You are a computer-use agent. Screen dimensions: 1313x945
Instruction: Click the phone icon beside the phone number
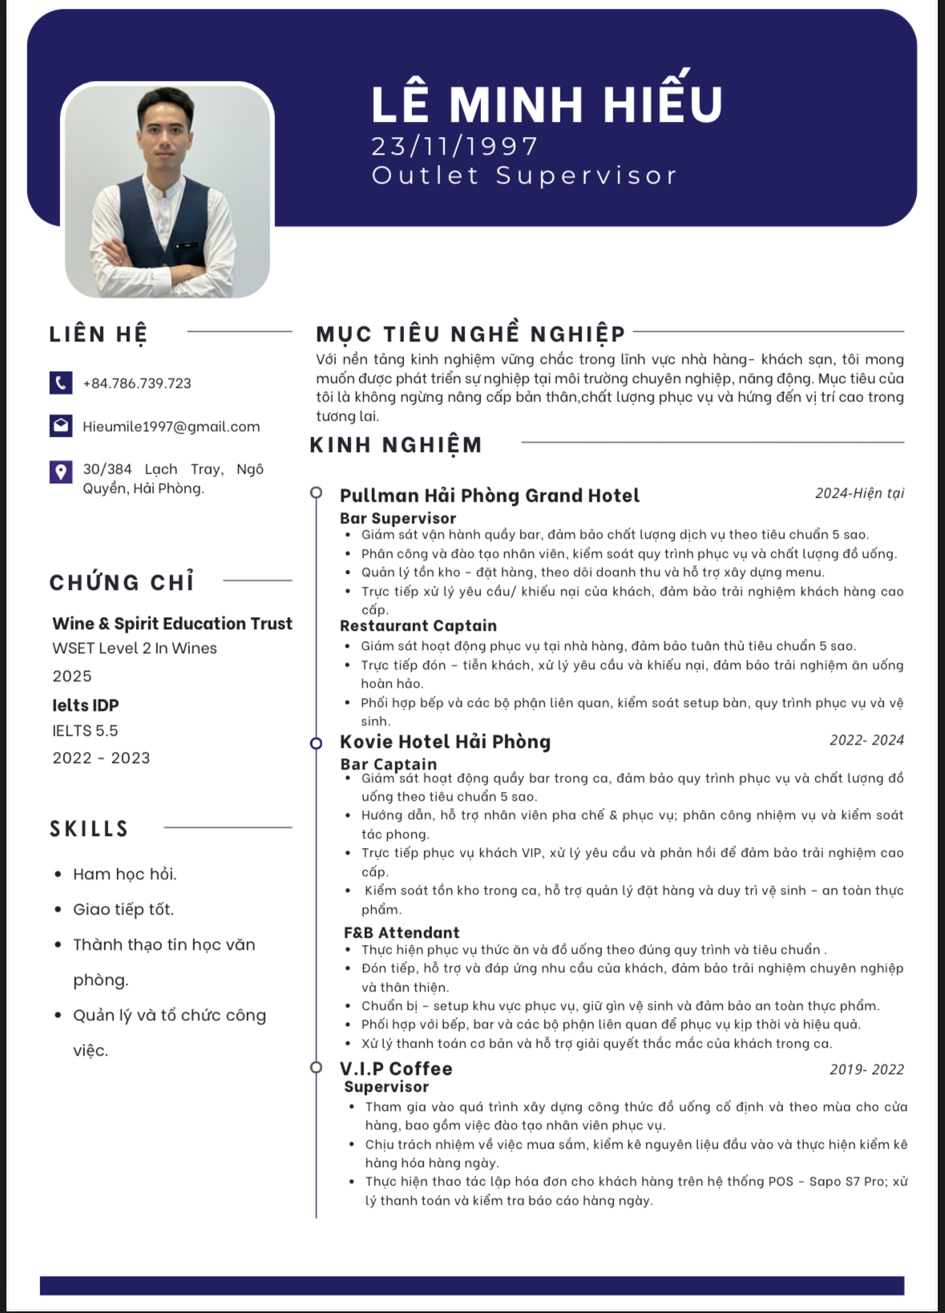point(61,382)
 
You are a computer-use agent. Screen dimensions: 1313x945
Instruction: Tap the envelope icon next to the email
point(61,426)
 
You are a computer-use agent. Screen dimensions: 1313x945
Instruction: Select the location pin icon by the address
point(61,471)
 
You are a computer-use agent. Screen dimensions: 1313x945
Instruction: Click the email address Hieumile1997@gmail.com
point(172,426)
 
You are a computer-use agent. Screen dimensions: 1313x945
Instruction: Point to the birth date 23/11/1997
point(454,146)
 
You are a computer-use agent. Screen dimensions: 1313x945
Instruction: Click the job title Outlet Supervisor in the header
point(524,176)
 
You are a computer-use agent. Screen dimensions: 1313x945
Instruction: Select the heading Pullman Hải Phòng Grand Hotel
point(489,495)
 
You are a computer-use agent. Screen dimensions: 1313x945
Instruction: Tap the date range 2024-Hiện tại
point(859,493)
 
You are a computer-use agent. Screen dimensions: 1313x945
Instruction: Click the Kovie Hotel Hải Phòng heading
point(445,741)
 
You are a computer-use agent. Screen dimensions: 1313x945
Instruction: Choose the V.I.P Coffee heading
point(396,1069)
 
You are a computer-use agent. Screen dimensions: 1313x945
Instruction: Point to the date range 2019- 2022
point(866,1069)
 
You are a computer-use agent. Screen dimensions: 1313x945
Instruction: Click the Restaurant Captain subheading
point(418,626)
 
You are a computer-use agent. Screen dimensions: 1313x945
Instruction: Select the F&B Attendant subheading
point(402,932)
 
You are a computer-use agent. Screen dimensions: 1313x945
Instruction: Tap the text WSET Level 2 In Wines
point(135,648)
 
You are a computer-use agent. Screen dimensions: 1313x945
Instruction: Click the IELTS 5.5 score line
point(85,730)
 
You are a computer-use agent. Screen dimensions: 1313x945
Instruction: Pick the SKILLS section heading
point(89,828)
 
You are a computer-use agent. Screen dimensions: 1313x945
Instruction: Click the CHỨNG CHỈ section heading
point(122,582)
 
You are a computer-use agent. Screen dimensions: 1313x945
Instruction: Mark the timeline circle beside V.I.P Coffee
point(317,1067)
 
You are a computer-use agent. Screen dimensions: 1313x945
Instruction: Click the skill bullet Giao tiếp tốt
point(123,909)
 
